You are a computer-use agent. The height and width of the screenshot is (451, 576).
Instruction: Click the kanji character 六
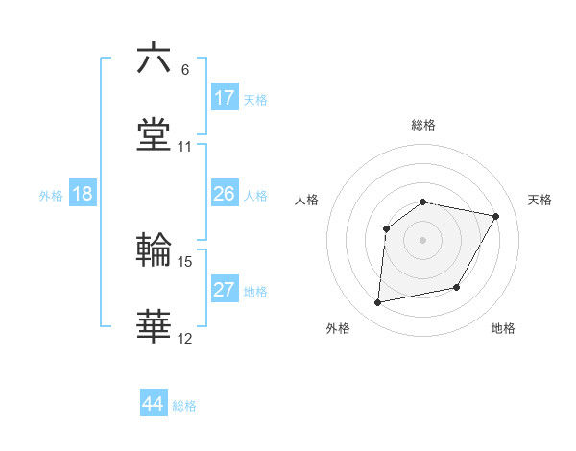click(154, 59)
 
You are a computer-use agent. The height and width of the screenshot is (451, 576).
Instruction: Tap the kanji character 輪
click(154, 250)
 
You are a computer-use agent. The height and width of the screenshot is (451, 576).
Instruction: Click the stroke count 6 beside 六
click(185, 70)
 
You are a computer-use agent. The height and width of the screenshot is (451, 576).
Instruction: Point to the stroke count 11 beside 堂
click(185, 147)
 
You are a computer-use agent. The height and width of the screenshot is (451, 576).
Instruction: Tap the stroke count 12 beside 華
click(185, 339)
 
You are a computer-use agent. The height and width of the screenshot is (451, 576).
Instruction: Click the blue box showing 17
click(225, 98)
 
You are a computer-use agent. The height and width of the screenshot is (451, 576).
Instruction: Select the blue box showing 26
click(225, 194)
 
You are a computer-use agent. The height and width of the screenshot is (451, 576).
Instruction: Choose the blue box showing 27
click(225, 290)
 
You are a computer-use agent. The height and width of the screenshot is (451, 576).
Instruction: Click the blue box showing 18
click(83, 194)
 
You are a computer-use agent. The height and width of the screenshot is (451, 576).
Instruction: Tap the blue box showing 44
click(154, 404)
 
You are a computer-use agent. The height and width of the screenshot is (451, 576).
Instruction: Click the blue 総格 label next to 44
click(184, 406)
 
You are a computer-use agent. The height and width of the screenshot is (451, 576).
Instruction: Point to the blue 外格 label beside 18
click(51, 196)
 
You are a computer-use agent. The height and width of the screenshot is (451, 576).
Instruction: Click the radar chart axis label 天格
click(540, 200)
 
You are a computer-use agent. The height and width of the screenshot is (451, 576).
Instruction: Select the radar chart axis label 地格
click(503, 328)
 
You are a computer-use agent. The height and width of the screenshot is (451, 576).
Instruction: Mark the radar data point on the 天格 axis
click(495, 216)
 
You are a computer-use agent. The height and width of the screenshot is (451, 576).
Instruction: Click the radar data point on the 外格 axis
click(378, 303)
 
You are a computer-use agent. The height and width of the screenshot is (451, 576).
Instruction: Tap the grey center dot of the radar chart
click(422, 239)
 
